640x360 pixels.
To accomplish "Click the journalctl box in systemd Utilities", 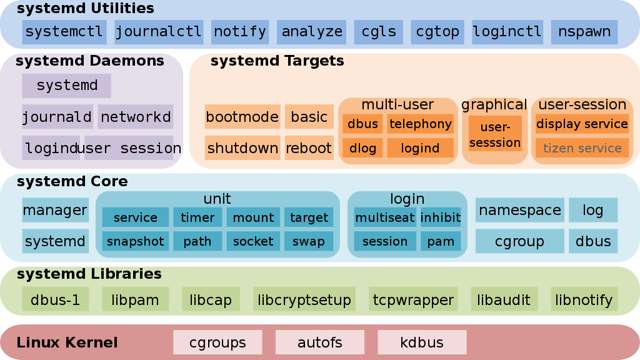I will tap(158, 31).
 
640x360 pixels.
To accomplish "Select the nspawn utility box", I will tap(584, 31).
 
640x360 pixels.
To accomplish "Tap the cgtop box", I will tap(437, 31).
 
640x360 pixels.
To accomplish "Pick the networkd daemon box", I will tap(136, 117).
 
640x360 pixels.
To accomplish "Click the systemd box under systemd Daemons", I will tap(67, 86).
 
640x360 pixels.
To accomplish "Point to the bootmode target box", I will tap(242, 117).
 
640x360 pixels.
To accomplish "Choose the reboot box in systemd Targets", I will tap(308, 148).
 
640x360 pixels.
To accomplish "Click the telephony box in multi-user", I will tap(420, 124).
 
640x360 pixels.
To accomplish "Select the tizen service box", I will tap(582, 148).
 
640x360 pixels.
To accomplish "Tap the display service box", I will tap(582, 124).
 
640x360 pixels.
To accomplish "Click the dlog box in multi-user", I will tap(362, 148).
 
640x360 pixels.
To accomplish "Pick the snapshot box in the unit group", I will tap(135, 241).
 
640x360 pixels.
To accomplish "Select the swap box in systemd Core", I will tap(309, 241).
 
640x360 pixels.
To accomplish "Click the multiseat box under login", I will tap(384, 217).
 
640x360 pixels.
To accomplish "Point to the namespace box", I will tap(519, 211).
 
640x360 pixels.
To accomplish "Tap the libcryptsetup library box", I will tap(304, 300).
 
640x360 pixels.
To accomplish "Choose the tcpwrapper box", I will tap(413, 300).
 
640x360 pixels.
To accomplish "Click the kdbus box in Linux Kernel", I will tap(422, 342).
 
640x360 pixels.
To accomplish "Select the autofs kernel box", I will tap(319, 342).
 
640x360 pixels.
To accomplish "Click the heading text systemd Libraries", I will tap(89, 274).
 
